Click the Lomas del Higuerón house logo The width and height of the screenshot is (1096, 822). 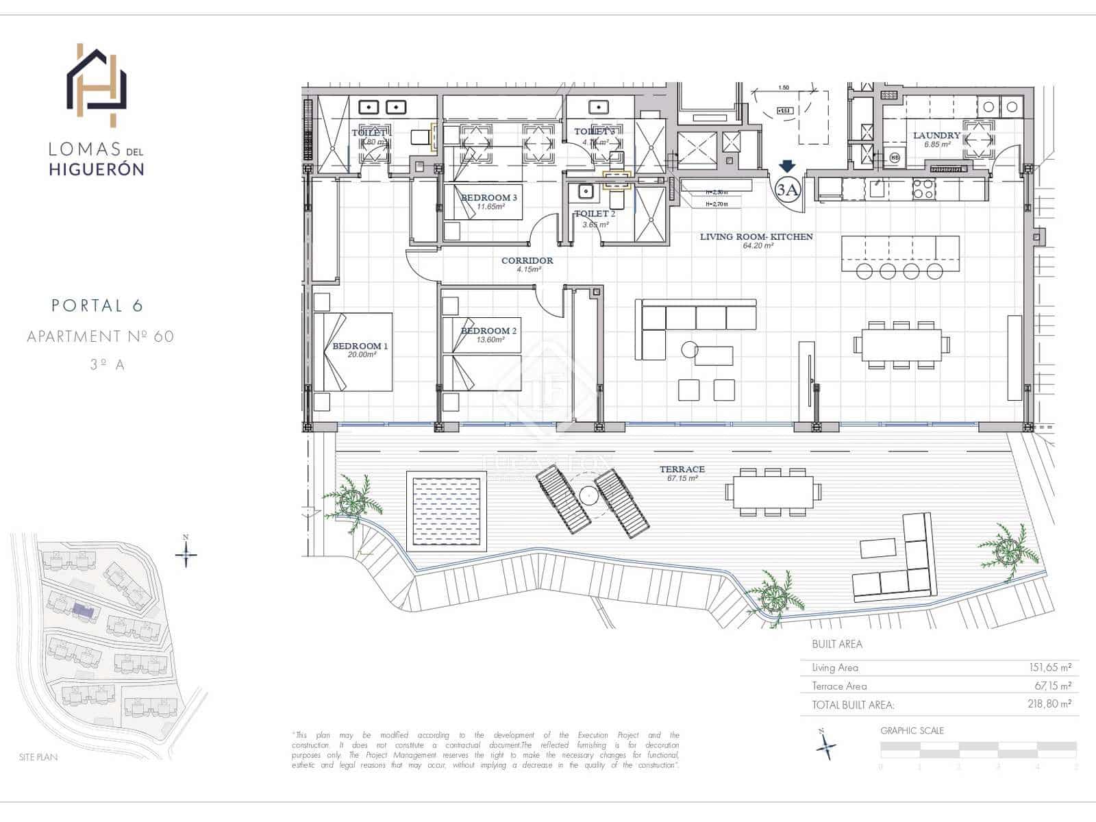point(97,85)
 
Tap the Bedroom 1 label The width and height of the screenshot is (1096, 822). point(360,346)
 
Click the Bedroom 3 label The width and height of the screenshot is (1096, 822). point(488,198)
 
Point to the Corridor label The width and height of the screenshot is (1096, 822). point(527,261)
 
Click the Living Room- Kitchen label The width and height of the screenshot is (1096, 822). point(756,237)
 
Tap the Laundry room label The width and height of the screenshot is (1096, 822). point(936,136)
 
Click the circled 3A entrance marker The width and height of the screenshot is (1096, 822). point(788,190)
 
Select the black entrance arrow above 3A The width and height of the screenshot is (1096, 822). point(787,166)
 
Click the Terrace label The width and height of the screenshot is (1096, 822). point(682,469)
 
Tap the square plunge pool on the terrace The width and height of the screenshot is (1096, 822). point(446,510)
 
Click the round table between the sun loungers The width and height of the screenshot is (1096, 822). point(588,495)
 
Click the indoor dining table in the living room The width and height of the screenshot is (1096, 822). point(901,345)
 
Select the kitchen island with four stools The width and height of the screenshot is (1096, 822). point(900,253)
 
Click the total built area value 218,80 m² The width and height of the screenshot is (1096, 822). point(1049,703)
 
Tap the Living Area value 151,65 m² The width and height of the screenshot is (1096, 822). point(1049,667)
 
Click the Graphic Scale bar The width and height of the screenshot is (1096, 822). point(978,750)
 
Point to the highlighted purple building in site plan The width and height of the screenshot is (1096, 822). point(82,609)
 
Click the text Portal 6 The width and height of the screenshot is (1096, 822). point(97,306)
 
